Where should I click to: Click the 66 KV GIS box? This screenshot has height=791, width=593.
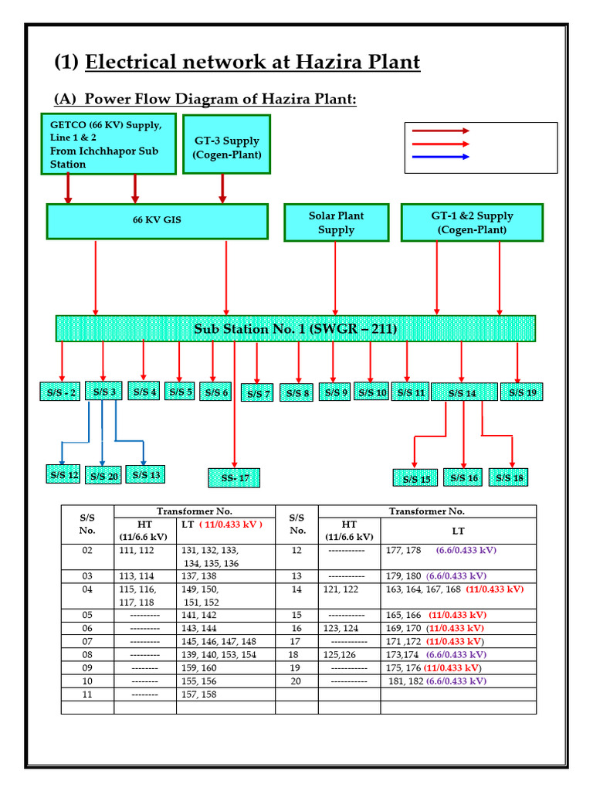pos(158,221)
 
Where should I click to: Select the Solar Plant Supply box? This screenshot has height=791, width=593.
pos(336,222)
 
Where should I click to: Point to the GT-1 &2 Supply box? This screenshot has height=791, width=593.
pos(472,222)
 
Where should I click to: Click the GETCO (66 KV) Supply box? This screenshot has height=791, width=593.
pos(108,144)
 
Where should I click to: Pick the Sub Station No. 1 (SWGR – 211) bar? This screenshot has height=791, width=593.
pos(295,328)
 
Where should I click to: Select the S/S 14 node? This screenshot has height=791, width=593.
pos(463,393)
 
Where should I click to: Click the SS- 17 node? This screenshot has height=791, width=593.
pos(235,478)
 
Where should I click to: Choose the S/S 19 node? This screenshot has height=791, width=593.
pos(522,392)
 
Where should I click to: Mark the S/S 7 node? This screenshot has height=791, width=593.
pos(257,393)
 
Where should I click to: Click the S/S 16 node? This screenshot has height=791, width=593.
pos(463,478)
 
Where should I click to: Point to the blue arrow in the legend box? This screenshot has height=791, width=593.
pos(440,157)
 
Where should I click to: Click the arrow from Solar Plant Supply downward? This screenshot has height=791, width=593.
pos(335,278)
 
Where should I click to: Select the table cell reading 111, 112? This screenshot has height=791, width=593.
pos(136,551)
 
